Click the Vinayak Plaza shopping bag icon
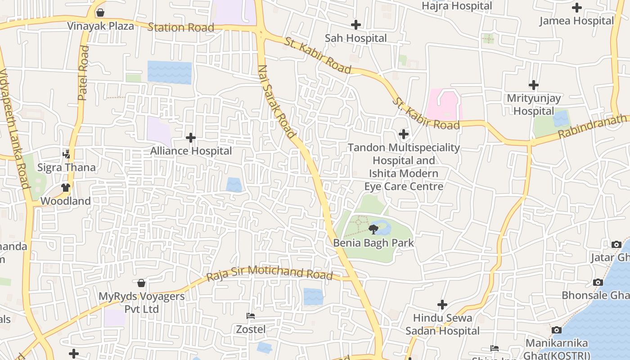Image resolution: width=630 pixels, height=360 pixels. click(x=100, y=13)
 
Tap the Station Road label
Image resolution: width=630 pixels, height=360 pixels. click(x=181, y=27)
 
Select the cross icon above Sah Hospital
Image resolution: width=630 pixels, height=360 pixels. click(x=356, y=25)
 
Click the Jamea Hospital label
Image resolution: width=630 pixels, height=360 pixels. click(x=576, y=21)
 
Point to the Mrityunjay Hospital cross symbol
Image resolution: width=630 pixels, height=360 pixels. click(x=534, y=85)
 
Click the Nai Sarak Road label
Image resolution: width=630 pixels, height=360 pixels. click(x=277, y=101)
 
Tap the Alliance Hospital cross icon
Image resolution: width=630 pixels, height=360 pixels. click(x=191, y=137)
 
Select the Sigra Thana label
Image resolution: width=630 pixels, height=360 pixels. click(x=67, y=167)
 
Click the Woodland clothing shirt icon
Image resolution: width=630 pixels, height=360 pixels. click(x=66, y=187)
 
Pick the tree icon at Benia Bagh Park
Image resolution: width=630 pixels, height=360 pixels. click(x=373, y=230)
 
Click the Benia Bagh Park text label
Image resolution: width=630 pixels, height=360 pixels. click(x=373, y=243)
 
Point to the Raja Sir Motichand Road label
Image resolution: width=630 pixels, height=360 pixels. click(x=269, y=272)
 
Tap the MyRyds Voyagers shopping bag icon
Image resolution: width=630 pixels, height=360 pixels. click(x=141, y=283)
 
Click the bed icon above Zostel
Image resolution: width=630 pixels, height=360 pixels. click(x=251, y=316)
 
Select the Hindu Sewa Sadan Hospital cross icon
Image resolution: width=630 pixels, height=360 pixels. click(x=442, y=305)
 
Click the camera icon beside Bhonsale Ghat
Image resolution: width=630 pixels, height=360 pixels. click(x=598, y=282)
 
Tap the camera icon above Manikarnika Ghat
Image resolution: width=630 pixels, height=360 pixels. click(x=557, y=330)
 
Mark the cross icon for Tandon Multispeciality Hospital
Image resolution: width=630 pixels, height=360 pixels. click(x=404, y=134)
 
